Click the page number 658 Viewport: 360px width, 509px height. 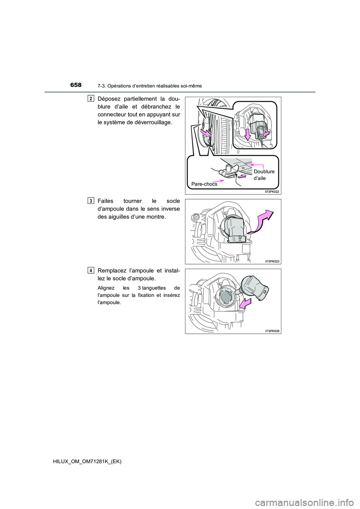pyautogui.click(x=76, y=85)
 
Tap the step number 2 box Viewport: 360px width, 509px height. pyautogui.click(x=91, y=99)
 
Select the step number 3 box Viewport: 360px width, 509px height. pyautogui.click(x=91, y=201)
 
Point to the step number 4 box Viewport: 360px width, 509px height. pyautogui.click(x=91, y=270)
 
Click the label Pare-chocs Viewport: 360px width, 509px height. pyautogui.click(x=204, y=184)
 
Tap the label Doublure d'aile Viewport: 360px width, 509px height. pyautogui.click(x=264, y=175)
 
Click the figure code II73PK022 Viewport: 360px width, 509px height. pyautogui.click(x=272, y=192)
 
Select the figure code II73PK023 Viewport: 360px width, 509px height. pyautogui.click(x=272, y=262)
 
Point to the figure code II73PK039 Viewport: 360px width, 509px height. pyautogui.click(x=272, y=331)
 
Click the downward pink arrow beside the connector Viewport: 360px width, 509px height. pyautogui.click(x=248, y=135)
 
